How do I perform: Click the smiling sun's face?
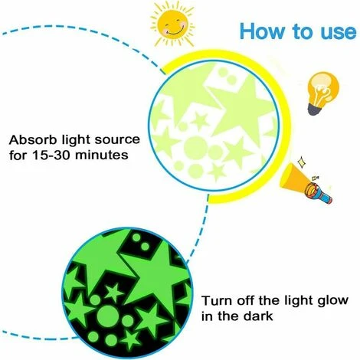point(173,25)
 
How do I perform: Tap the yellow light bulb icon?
point(323,93)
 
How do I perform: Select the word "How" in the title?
point(262,31)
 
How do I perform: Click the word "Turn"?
point(217,301)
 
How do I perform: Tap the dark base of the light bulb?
point(314,110)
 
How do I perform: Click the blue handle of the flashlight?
point(325,198)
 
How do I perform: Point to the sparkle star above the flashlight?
point(302,162)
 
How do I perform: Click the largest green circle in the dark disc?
point(107,316)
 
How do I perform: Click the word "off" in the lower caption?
point(247,300)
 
